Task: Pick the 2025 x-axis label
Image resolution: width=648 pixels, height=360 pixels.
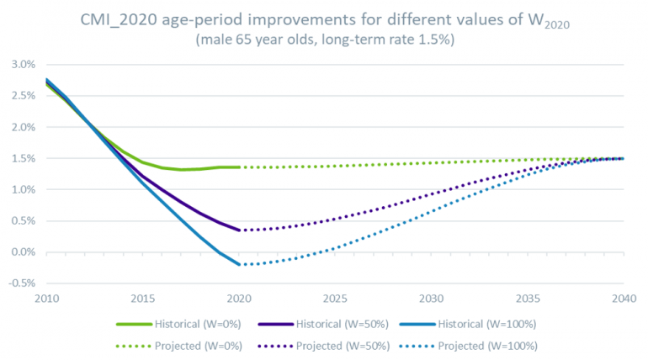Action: (x=334, y=299)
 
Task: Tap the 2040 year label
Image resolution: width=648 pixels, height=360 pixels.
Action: (x=623, y=299)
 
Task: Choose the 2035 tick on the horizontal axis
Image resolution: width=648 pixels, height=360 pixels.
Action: (x=527, y=299)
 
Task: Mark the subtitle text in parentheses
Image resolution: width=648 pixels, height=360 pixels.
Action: (x=324, y=40)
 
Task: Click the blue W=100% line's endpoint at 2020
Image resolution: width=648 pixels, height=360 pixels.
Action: (x=238, y=264)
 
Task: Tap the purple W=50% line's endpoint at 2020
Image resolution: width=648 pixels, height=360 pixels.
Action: (x=238, y=230)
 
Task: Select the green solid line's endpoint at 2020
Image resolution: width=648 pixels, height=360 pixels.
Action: (x=238, y=167)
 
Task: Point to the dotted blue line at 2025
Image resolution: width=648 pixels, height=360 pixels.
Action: (x=334, y=247)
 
